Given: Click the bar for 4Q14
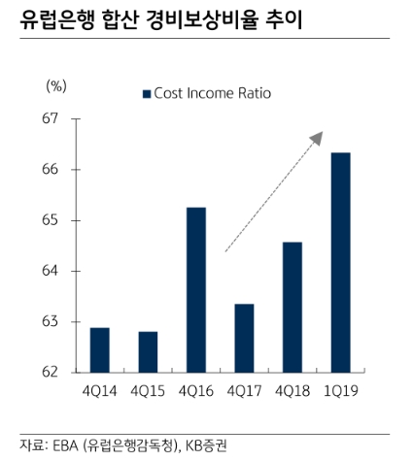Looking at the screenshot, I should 99,350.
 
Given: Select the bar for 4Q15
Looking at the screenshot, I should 148,352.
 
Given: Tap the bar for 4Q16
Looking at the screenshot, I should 196,290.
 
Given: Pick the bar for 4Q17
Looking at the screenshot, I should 244,339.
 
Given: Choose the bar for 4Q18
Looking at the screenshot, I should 292,307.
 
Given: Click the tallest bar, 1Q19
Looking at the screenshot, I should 340,262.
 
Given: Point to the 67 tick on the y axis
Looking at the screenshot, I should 50,119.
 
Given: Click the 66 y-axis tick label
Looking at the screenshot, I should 50,170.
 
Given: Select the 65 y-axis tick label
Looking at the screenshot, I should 50,220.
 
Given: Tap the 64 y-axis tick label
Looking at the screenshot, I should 50,271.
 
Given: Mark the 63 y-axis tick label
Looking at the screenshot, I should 50,321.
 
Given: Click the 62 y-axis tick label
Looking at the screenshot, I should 50,372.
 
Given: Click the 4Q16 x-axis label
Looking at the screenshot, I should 196,393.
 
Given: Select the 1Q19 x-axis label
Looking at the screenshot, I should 340,393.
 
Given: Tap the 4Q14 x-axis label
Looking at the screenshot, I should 99,393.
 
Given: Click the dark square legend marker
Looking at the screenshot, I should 147,93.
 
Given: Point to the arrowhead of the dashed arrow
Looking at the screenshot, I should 316,138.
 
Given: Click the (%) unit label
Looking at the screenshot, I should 56,85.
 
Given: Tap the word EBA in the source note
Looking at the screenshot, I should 65,444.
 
